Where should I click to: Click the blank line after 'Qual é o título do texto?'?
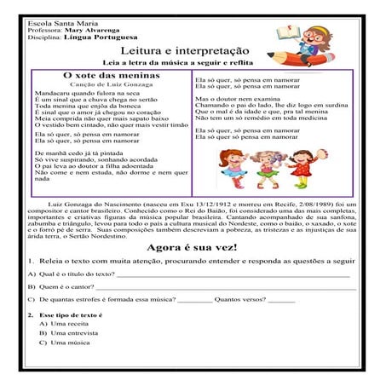[230, 276]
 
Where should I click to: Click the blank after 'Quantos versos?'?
[281, 301]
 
